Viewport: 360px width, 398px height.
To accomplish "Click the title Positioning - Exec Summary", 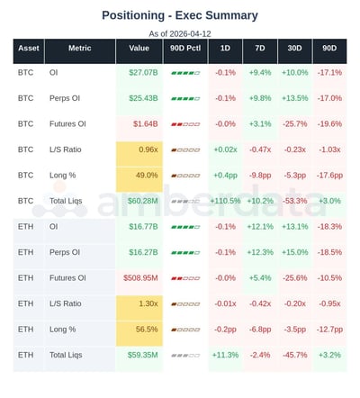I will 179,15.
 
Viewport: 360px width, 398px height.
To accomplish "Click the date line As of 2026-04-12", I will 179,33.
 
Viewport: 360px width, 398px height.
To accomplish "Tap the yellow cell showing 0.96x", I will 139,149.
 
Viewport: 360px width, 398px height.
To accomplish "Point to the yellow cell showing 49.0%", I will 139,175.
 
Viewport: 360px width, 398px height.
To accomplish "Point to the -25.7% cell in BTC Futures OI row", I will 294,123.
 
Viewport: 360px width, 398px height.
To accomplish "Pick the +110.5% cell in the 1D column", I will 226,201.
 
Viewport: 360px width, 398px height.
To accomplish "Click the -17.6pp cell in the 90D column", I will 328,175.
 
